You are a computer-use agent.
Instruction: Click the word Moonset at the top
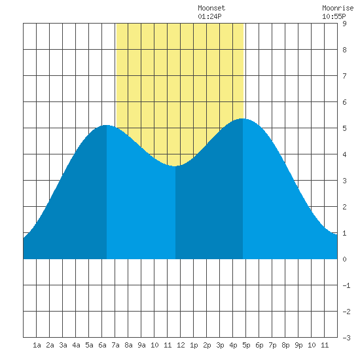[x=211, y=9]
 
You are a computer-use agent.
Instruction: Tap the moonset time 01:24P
[x=209, y=16]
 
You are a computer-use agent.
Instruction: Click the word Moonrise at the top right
[x=338, y=9]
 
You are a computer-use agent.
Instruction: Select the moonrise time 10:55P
[x=334, y=16]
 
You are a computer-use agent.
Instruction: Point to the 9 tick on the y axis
[x=344, y=24]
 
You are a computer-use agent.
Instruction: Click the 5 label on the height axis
[x=344, y=128]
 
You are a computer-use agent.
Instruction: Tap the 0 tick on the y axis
[x=344, y=259]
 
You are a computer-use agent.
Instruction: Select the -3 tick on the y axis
[x=346, y=338]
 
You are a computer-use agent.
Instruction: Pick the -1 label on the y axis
[x=346, y=285]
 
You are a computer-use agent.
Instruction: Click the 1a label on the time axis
[x=37, y=345]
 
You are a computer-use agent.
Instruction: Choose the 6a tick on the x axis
[x=102, y=345]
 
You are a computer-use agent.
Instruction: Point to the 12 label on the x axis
[x=181, y=345]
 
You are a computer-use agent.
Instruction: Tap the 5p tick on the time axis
[x=246, y=345]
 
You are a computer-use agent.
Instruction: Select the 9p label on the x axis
[x=298, y=345]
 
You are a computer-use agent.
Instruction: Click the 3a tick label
[x=63, y=345]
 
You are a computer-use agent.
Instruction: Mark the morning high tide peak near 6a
[x=106, y=126]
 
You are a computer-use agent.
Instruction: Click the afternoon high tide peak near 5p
[x=242, y=118]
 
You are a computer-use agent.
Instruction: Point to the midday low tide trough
[x=175, y=166]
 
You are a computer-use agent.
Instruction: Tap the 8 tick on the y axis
[x=344, y=50]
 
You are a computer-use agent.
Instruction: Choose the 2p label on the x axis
[x=207, y=345]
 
